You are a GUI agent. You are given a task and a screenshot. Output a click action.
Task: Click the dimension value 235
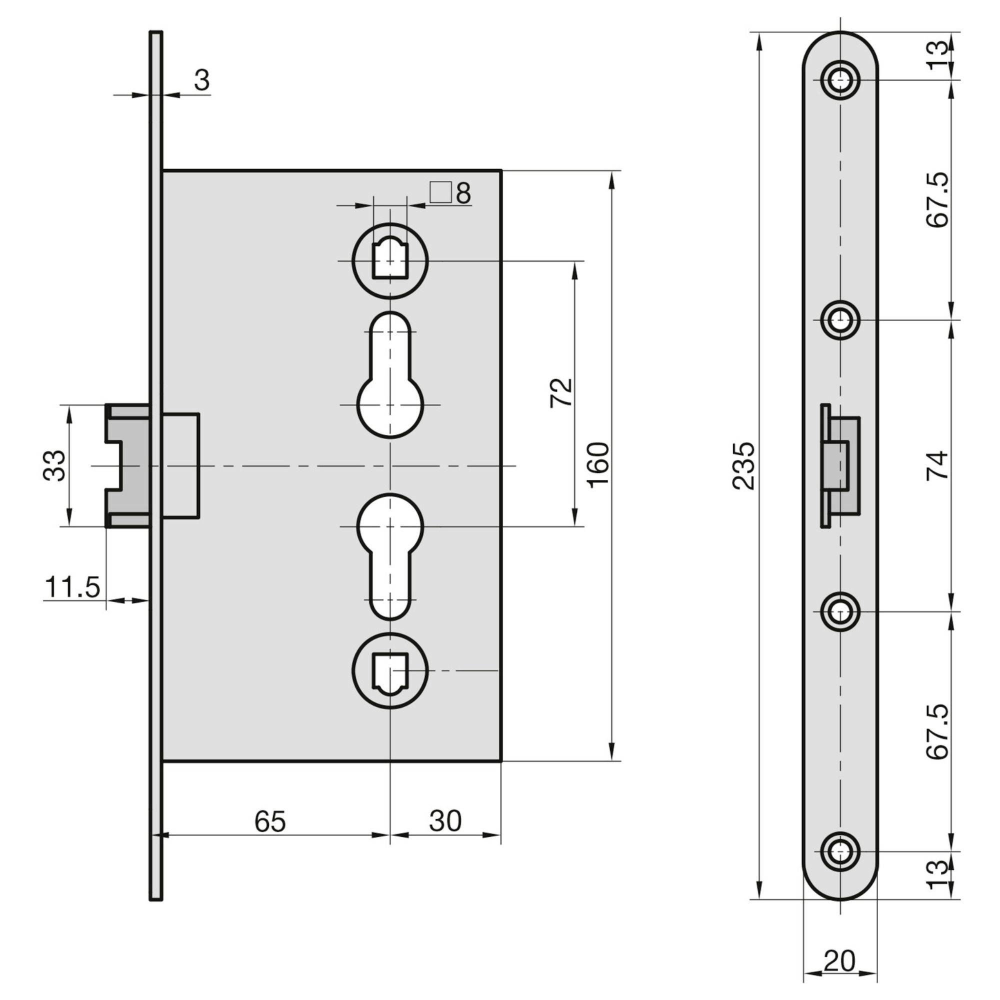[x=743, y=465]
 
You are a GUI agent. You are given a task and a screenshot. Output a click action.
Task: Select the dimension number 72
[x=561, y=392]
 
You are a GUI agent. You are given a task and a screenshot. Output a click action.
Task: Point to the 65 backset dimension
[x=270, y=821]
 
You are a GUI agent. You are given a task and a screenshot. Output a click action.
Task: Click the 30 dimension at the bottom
[x=445, y=821]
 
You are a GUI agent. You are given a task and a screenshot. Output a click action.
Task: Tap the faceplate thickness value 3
[x=202, y=80]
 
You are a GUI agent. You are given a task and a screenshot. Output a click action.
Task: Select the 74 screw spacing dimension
[x=937, y=465]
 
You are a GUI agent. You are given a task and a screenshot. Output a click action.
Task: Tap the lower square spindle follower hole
[x=390, y=671]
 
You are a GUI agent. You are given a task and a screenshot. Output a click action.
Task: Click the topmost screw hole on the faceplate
[x=840, y=80]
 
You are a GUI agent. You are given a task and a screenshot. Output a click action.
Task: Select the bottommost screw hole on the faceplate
[x=840, y=851]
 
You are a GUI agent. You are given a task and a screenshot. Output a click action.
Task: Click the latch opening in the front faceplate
[x=841, y=465]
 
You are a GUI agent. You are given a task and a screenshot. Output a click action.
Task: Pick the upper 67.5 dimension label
[x=937, y=199]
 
